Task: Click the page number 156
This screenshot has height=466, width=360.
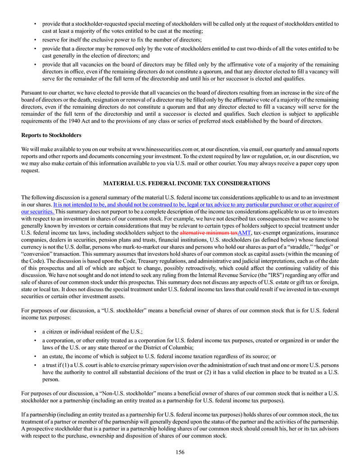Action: (180, 452)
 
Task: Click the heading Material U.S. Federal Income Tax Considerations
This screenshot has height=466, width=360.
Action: (180, 183)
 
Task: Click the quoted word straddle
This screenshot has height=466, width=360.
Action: (289, 247)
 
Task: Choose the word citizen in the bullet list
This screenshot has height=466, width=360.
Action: (55, 331)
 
